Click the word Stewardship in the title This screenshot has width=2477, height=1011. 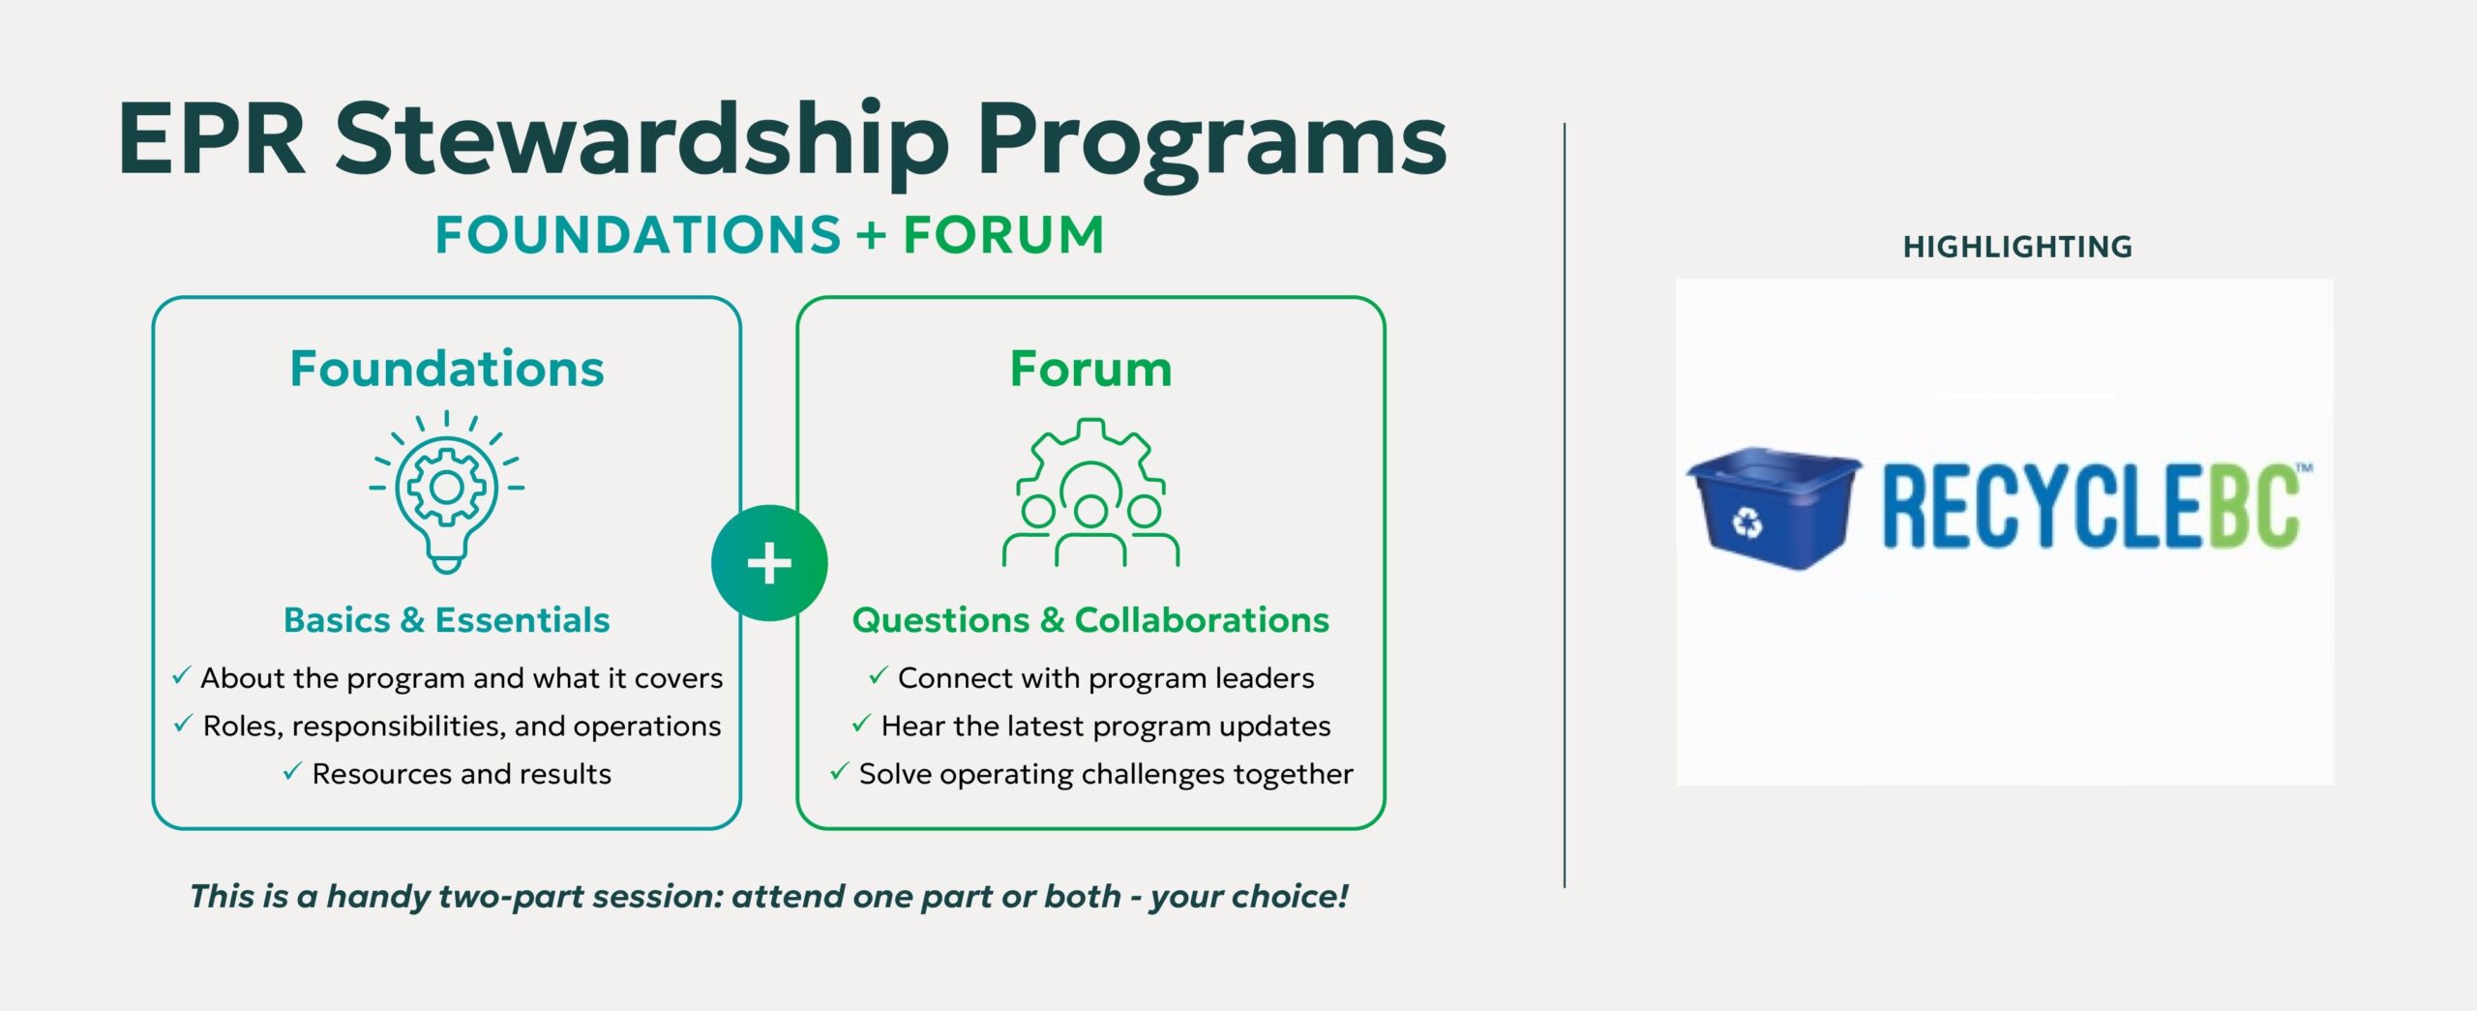[x=642, y=143]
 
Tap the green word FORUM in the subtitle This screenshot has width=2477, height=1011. [x=1003, y=235]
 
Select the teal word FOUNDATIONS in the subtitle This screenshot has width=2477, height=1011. [x=638, y=235]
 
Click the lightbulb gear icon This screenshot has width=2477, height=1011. [x=446, y=491]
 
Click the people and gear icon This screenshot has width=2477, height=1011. [x=1090, y=492]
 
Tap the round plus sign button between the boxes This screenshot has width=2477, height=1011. [x=769, y=563]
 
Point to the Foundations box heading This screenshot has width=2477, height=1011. [x=446, y=369]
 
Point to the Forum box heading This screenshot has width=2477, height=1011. [x=1090, y=369]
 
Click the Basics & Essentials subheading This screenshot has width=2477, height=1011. [x=446, y=620]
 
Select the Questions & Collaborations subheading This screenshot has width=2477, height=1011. [x=1090, y=620]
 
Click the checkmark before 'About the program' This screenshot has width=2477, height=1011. [x=181, y=676]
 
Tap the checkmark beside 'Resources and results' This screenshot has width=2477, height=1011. [x=292, y=772]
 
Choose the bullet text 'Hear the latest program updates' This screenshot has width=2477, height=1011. [x=1106, y=727]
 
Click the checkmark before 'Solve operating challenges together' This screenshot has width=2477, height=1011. [x=839, y=772]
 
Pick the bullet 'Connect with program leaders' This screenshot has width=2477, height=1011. [x=1106, y=678]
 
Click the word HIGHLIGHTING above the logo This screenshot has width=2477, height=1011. [x=2017, y=247]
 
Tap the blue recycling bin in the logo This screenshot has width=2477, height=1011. [x=1773, y=507]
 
